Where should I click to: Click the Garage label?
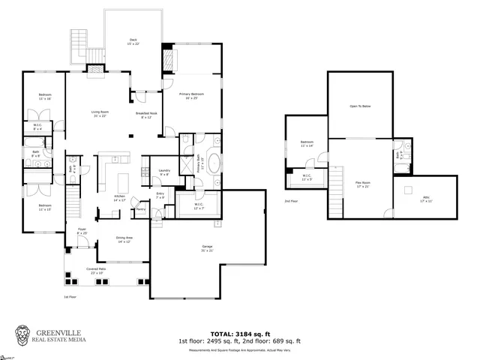207,247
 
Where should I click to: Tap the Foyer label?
82,231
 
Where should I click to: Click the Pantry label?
140,209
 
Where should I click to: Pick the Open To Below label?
360,106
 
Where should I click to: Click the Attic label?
425,197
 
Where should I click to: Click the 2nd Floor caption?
291,201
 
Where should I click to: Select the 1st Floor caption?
70,296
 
